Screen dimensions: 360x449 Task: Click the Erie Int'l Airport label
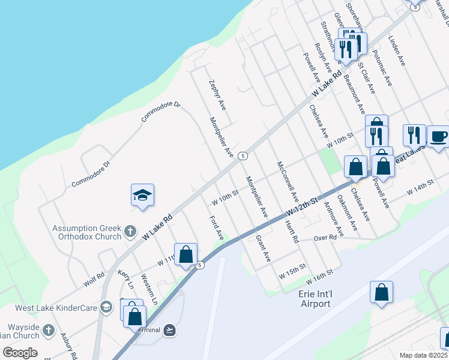[x=315, y=299]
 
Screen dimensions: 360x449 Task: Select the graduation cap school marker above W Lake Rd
[x=142, y=196]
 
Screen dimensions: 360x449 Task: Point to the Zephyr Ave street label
[x=217, y=95]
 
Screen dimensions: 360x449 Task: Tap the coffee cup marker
[x=438, y=136]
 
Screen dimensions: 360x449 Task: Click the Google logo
[x=20, y=352]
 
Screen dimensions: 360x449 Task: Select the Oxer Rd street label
[x=325, y=238]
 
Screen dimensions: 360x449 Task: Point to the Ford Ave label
[x=216, y=228]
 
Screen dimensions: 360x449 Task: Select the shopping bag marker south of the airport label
[x=381, y=293]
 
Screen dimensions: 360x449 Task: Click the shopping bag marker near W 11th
[x=185, y=254]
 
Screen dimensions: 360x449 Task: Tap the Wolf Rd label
[x=95, y=279]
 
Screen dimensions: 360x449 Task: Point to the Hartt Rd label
[x=292, y=229]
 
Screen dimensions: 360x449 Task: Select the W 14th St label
[x=420, y=186]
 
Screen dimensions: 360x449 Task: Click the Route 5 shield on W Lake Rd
[x=243, y=155]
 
